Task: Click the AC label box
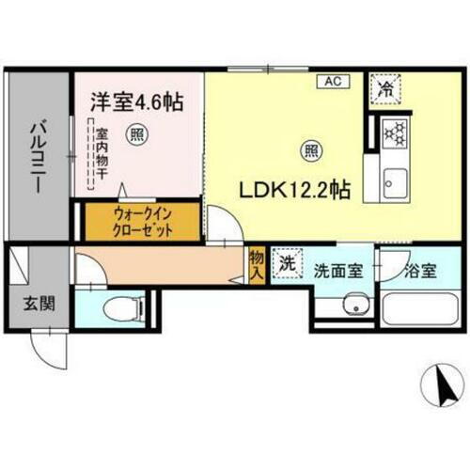332,81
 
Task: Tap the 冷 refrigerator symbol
385,90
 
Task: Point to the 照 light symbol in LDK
308,148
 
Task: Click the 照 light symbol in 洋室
136,132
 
